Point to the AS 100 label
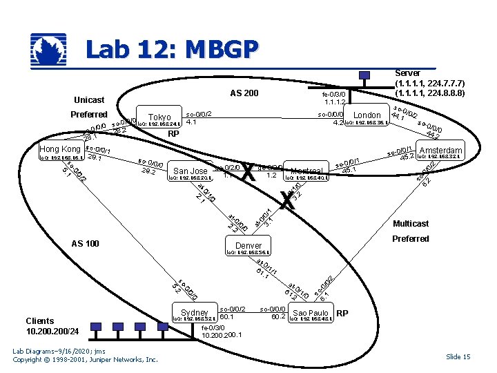[x=86, y=243]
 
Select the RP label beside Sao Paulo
[x=342, y=313]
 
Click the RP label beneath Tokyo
[x=174, y=134]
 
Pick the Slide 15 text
[x=458, y=356]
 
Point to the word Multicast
[x=410, y=224]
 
